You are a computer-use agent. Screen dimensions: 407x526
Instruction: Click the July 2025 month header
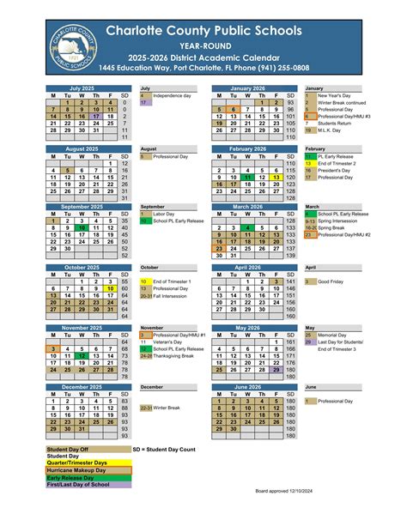pyautogui.click(x=82, y=88)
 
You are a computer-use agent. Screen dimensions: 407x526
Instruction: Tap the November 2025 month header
pyautogui.click(x=82, y=328)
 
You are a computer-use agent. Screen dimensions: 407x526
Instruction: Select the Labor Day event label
pyautogui.click(x=164, y=214)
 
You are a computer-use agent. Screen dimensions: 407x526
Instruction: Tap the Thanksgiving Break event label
pyautogui.click(x=179, y=356)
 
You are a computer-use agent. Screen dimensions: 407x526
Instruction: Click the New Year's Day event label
pyautogui.click(x=334, y=94)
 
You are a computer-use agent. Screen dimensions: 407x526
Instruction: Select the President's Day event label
pyautogui.click(x=337, y=170)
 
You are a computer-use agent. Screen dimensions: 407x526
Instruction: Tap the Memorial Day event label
pyautogui.click(x=336, y=334)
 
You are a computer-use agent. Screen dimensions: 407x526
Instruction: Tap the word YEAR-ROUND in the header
pyautogui.click(x=203, y=43)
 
